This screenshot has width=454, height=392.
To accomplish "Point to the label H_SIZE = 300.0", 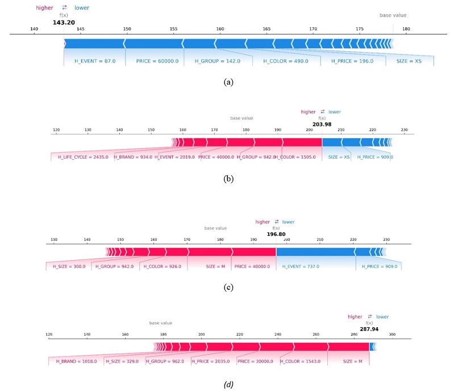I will pyautogui.click(x=69, y=266).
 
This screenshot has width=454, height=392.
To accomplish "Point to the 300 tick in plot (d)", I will pyautogui.click(x=392, y=335).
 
